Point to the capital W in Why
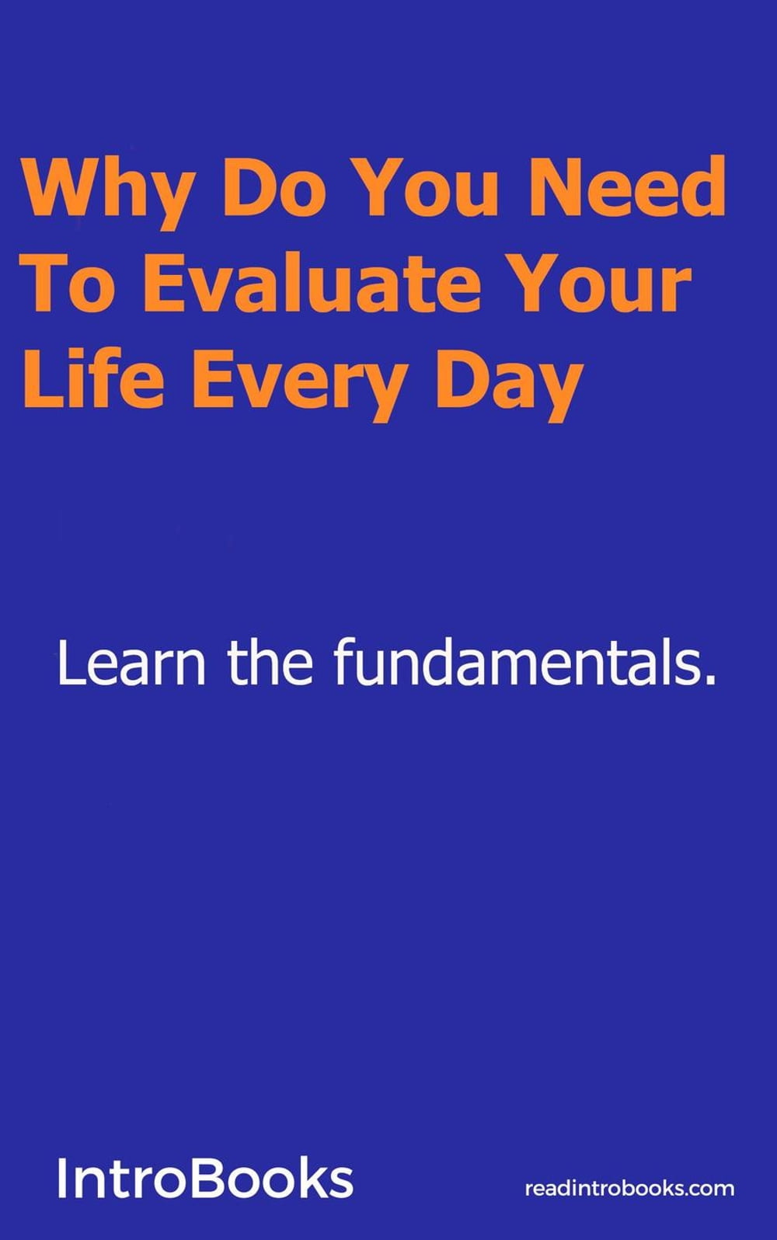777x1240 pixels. pyautogui.click(x=61, y=187)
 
